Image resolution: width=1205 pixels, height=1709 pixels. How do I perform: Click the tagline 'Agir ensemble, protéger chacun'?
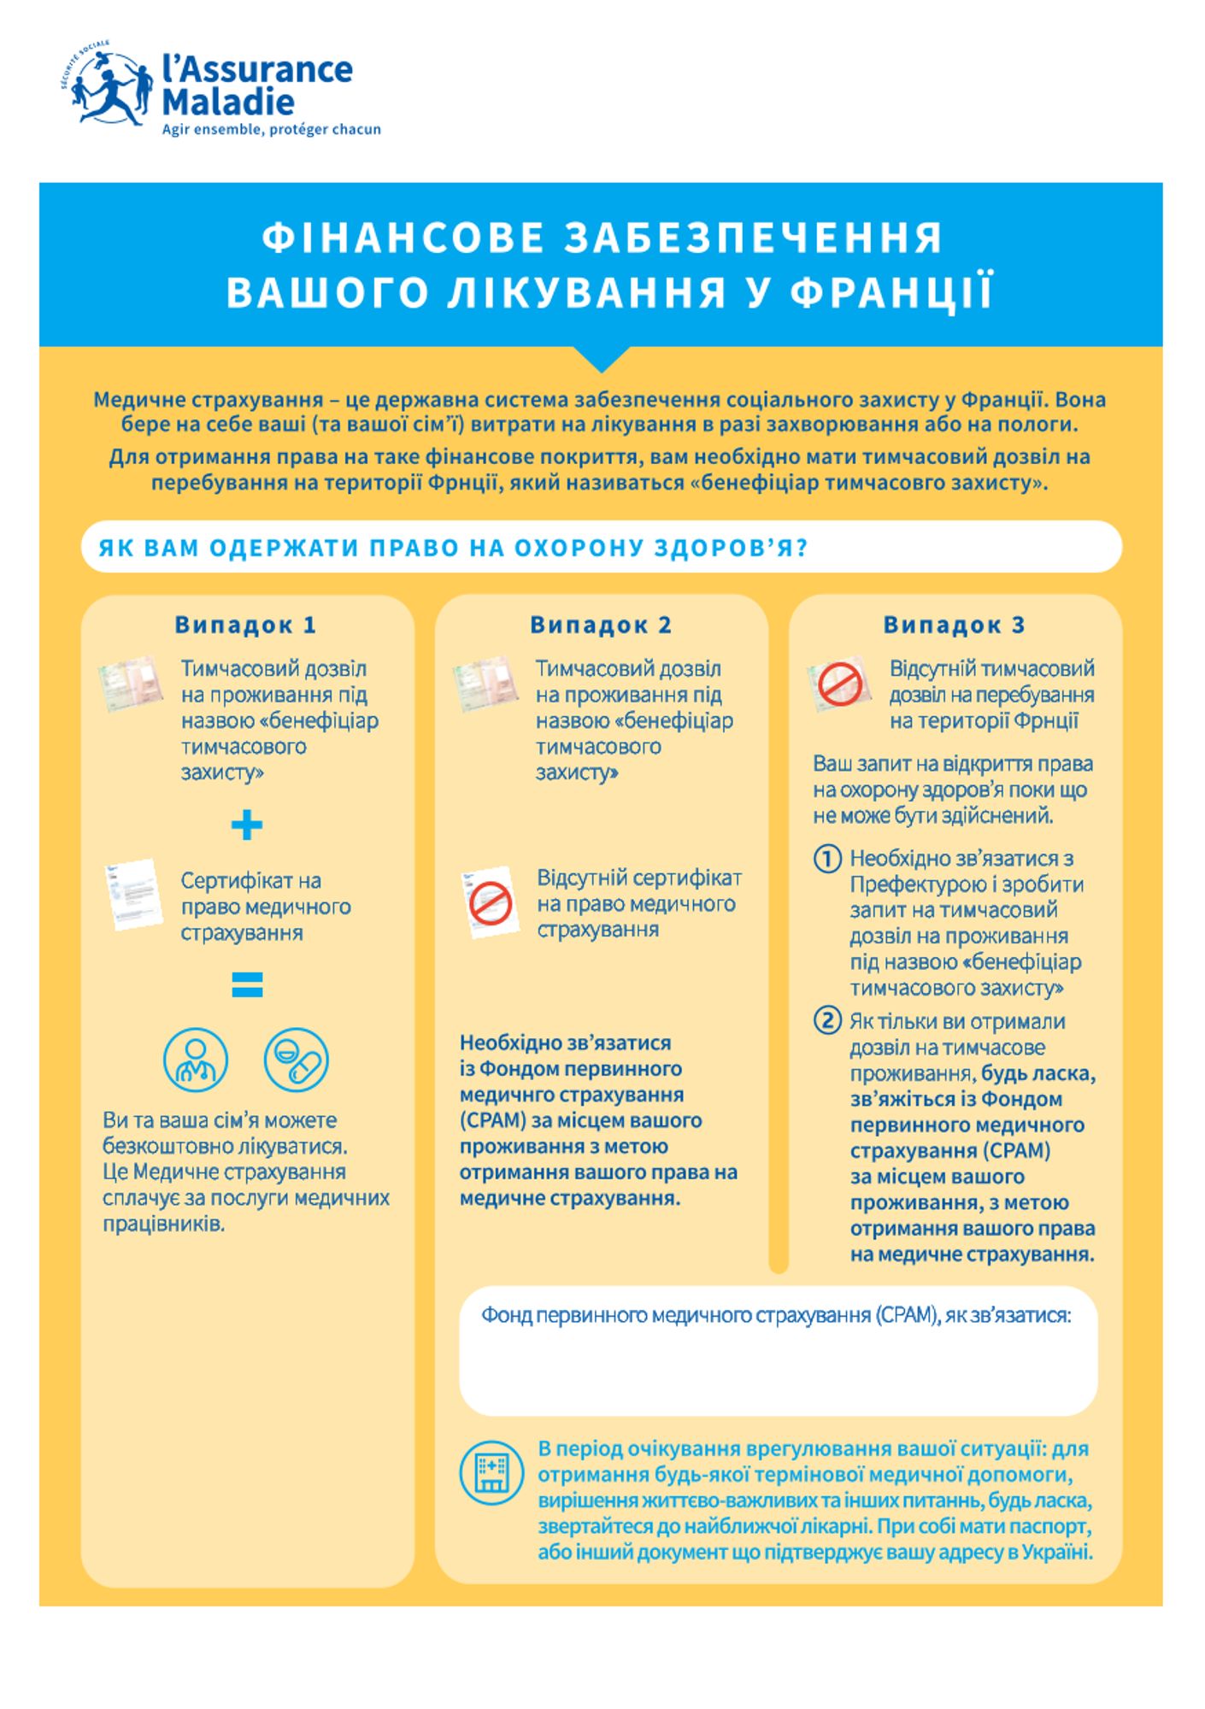[x=271, y=130]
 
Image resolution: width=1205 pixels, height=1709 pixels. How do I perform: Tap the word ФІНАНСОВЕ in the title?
[x=403, y=238]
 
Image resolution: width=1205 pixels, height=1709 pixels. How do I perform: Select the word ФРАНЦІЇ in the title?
[x=891, y=292]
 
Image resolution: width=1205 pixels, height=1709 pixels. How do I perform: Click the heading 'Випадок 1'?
[x=245, y=625]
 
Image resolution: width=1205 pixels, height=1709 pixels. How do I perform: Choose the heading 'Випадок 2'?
[x=601, y=625]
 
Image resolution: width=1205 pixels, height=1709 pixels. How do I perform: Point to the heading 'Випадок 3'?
[x=954, y=625]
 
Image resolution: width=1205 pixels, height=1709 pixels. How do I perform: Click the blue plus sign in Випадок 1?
[x=247, y=825]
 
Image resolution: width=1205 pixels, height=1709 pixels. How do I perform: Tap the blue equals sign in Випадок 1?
[x=247, y=984]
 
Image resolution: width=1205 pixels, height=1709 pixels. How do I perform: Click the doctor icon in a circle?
[x=196, y=1060]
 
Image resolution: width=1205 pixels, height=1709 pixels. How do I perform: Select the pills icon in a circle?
[x=297, y=1060]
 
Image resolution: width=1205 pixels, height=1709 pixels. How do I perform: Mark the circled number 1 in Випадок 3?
[x=826, y=858]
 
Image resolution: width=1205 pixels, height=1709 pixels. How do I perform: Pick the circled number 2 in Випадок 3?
[x=826, y=1020]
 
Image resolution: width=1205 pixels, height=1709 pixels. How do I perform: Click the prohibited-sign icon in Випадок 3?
[x=839, y=684]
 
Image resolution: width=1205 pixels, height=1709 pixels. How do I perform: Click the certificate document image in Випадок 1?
[x=133, y=895]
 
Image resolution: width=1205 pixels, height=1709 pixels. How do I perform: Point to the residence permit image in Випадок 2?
[x=485, y=684]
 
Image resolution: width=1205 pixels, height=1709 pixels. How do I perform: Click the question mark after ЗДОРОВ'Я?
[x=802, y=548]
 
